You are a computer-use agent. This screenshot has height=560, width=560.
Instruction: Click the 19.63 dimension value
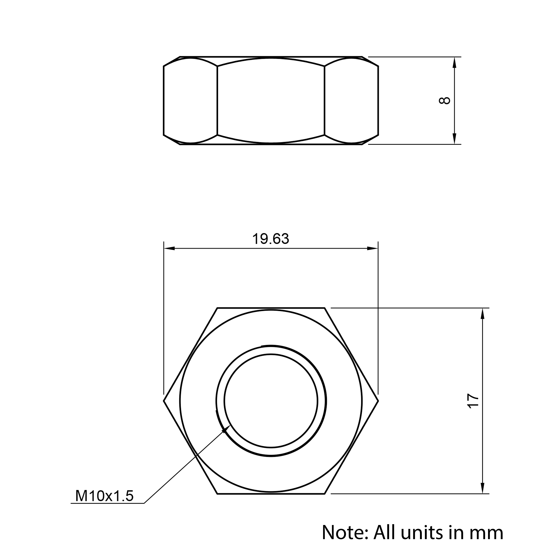click(x=271, y=239)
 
